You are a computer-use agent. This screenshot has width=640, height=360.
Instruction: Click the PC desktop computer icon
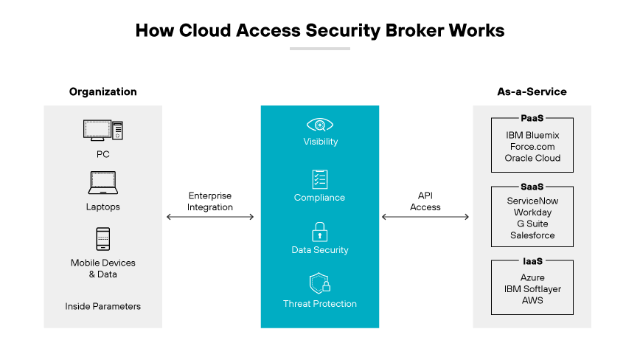[102, 131]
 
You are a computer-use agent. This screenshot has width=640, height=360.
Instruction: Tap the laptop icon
[102, 182]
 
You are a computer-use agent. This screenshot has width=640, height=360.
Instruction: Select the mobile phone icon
[102, 239]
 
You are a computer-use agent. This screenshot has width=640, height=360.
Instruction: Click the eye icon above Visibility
[320, 124]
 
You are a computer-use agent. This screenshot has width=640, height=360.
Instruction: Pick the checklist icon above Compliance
[320, 179]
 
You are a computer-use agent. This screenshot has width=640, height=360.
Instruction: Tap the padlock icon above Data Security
[320, 232]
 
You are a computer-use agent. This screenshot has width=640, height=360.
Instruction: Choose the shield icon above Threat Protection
[320, 284]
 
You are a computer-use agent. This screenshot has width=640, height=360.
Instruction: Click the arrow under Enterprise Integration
[210, 217]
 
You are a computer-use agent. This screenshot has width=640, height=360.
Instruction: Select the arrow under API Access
[425, 217]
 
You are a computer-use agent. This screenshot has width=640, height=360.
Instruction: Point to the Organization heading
[103, 92]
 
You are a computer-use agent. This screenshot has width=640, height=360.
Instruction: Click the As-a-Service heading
[532, 92]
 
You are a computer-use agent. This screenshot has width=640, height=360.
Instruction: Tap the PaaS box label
[532, 118]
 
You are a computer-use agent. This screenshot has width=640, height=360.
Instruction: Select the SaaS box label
[532, 187]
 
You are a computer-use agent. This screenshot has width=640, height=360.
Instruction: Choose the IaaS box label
[532, 261]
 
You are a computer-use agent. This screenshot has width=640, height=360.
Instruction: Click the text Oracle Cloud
[532, 158]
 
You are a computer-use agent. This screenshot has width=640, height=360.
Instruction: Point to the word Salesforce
[532, 235]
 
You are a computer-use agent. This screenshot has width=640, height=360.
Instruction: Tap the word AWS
[532, 300]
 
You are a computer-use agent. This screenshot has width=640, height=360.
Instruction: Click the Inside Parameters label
[102, 306]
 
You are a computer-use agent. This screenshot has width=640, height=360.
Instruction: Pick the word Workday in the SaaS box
[532, 212]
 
